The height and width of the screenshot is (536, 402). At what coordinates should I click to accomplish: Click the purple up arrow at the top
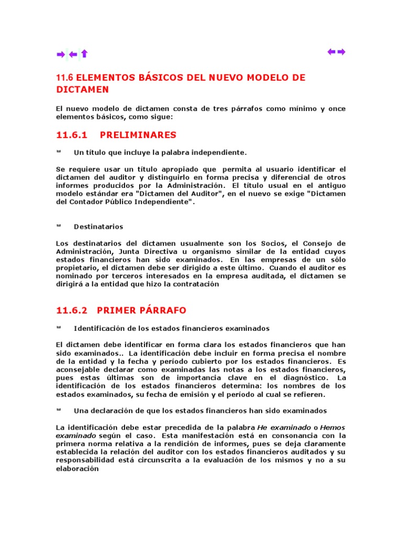pyautogui.click(x=84, y=54)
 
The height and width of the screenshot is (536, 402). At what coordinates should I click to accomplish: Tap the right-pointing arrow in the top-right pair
pyautogui.click(x=341, y=51)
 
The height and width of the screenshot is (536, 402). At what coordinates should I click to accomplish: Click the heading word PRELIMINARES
pyautogui.click(x=138, y=135)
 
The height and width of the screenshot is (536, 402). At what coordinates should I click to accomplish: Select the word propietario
pyautogui.click(x=76, y=267)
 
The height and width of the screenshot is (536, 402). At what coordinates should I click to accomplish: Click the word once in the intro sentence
pyautogui.click(x=336, y=108)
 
